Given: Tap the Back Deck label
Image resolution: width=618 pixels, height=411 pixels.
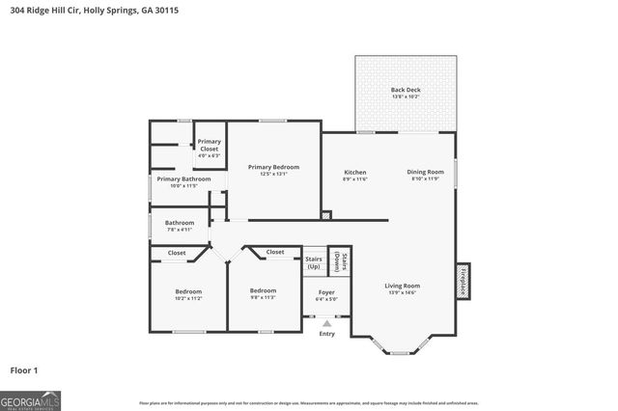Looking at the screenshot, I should pos(406,93).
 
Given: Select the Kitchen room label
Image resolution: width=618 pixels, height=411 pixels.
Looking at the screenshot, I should pos(354,175).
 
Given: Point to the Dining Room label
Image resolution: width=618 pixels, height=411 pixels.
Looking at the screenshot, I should pos(425,175).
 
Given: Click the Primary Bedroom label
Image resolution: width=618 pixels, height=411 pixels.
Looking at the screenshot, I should pos(273,170).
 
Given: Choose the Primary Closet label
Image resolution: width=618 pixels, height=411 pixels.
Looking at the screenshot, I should pos(210,146).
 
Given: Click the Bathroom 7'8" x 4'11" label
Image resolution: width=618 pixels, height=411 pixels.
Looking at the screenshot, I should pos(179,226).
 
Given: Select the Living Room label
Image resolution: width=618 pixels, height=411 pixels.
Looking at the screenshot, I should pos(402,288).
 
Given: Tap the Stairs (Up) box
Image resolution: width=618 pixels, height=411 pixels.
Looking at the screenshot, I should pos(314,261).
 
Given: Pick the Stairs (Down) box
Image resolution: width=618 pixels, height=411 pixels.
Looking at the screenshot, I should pos(339,260).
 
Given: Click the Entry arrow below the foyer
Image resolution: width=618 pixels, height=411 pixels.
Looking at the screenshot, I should pos(326,323).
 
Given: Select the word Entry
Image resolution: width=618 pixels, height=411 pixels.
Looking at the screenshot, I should pos(326,334).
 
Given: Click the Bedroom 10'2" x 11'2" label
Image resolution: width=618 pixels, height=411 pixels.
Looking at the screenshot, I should pos(188,294).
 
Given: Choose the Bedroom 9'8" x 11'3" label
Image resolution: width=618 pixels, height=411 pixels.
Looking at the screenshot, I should pos(263,293).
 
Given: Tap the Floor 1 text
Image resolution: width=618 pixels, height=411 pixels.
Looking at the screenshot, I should pos(24,370).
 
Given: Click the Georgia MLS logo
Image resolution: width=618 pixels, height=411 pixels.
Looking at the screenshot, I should pos(31,399).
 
